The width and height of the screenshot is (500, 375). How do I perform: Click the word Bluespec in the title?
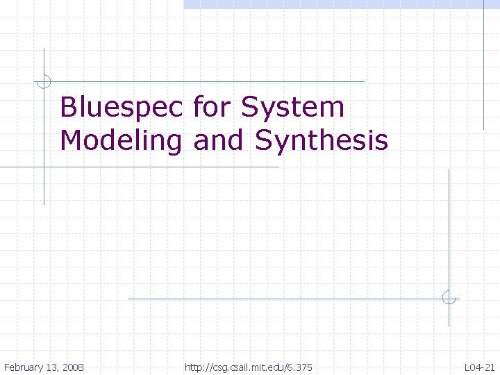coord(122,108)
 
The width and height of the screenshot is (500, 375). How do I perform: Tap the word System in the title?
coord(292,108)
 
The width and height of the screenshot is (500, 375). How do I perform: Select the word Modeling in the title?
coord(120,141)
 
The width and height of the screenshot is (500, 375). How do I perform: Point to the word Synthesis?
coord(322,141)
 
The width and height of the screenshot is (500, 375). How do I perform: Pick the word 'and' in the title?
coord(219,141)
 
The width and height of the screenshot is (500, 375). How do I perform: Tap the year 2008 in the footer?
coord(72,367)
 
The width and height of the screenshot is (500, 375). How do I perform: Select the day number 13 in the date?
coord(51,367)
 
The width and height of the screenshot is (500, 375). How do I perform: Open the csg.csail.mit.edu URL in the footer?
coord(249,367)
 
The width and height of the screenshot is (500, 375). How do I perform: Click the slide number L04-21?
coord(481,367)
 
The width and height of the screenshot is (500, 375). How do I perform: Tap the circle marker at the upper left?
coord(44,81)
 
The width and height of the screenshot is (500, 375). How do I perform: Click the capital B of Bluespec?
coord(68,108)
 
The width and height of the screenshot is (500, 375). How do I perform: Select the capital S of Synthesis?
coord(264,141)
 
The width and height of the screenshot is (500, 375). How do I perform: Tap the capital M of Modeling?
coord(72,141)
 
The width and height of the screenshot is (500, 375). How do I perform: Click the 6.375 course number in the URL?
coord(300,367)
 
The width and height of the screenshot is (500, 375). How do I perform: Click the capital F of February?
coord(6,367)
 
